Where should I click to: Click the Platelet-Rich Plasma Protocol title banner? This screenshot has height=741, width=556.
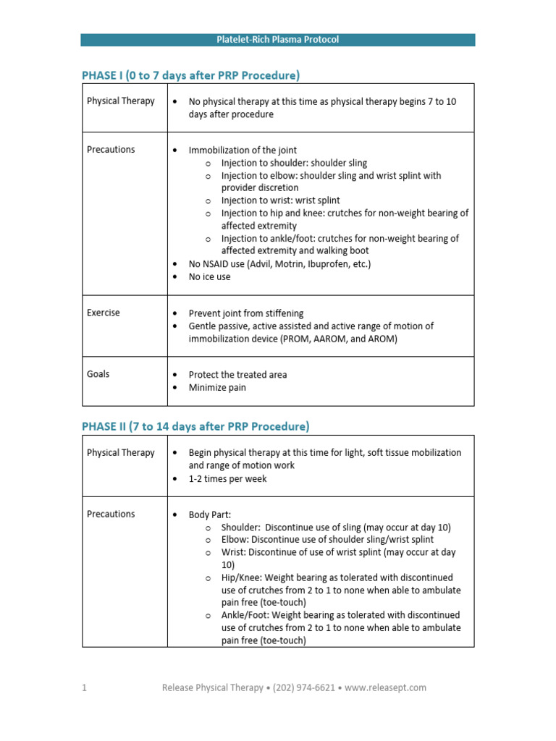click(277, 40)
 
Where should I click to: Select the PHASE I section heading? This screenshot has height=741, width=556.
click(190, 75)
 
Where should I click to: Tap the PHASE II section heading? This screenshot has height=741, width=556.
click(195, 426)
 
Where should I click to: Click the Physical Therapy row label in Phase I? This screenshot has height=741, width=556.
click(120, 101)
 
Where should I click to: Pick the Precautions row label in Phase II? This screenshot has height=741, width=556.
click(111, 514)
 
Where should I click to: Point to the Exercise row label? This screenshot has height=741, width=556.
click(104, 313)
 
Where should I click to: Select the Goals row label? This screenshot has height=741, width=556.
click(98, 374)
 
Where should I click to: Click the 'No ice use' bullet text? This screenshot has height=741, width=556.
click(210, 276)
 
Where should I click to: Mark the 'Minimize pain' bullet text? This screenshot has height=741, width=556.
click(217, 387)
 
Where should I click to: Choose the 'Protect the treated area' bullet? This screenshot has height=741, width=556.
click(237, 375)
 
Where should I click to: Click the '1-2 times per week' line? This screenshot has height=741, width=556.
click(227, 478)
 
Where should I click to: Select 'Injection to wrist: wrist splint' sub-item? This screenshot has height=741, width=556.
click(280, 200)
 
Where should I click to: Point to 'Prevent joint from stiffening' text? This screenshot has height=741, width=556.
click(246, 313)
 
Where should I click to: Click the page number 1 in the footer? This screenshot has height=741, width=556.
click(84, 687)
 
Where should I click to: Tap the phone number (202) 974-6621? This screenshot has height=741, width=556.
click(303, 687)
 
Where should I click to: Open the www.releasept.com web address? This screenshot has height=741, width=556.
click(387, 687)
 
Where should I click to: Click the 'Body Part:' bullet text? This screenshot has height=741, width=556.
click(210, 515)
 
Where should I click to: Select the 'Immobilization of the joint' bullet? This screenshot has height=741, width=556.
click(243, 151)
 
